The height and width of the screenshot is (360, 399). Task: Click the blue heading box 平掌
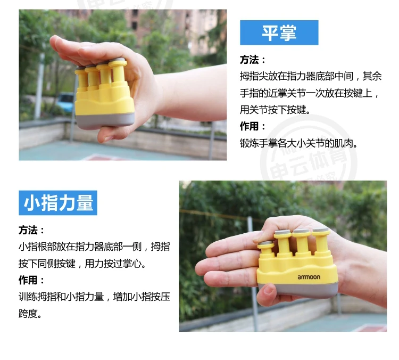(x=279, y=32)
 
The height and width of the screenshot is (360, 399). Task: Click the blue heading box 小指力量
(x=58, y=203)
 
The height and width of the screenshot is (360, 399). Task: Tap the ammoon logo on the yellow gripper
(x=309, y=277)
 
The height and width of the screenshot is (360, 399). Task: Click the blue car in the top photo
(x=65, y=102)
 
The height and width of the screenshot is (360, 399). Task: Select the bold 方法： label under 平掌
(x=252, y=60)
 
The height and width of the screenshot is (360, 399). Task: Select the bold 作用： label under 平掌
(x=252, y=126)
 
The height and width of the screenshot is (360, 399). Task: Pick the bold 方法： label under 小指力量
(x=31, y=230)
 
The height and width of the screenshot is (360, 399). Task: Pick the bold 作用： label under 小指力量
(x=31, y=280)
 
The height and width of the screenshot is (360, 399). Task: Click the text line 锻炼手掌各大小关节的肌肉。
(x=298, y=143)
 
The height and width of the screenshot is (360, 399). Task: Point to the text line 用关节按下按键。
(x=275, y=110)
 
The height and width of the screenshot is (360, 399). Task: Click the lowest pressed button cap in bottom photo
(x=265, y=244)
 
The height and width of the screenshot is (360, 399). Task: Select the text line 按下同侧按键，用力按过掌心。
(x=82, y=264)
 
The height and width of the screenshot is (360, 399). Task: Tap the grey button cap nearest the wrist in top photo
(x=118, y=61)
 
